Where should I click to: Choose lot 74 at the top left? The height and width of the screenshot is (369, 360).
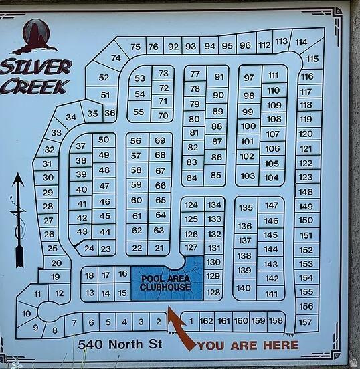[x=115, y=58]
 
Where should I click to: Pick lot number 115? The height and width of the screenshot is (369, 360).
[x=312, y=59]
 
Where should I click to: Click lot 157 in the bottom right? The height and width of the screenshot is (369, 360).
[x=305, y=322]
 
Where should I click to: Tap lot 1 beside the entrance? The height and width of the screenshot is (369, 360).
[x=191, y=321]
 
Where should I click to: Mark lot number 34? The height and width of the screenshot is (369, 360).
[x=70, y=117]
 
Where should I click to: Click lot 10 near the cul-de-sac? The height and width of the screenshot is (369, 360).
[x=27, y=312]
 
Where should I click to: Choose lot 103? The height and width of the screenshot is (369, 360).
[x=248, y=176]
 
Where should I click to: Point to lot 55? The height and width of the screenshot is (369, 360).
[x=139, y=112]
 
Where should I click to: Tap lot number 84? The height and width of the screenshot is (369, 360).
[x=192, y=178]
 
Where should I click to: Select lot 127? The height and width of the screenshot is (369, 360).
[x=191, y=247]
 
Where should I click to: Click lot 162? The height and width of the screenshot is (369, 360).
[x=207, y=321]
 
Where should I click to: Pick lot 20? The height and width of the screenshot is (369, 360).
[x=56, y=263]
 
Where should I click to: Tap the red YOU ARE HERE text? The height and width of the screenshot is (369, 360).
[x=248, y=345]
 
